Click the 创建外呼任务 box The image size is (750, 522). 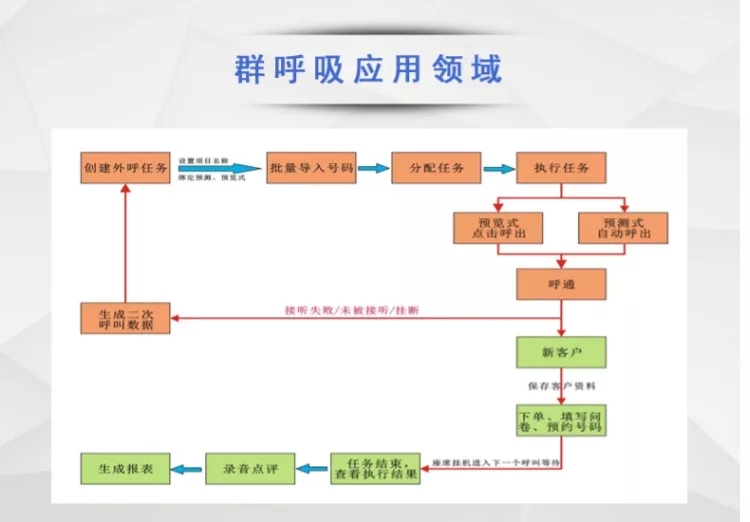[125, 168]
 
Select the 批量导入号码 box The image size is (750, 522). [311, 168]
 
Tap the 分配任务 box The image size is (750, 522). [436, 168]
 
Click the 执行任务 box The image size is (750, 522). [561, 168]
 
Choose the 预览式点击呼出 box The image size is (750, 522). [498, 228]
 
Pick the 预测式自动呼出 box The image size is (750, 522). [623, 228]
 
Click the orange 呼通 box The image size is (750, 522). [561, 284]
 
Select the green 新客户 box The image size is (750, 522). [561, 353]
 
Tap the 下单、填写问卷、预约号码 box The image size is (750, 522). [561, 419]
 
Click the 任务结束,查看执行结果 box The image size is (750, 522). [375, 468]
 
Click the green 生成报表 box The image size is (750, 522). [125, 467]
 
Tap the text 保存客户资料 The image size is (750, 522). [560, 385]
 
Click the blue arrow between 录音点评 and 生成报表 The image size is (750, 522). [187, 467]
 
